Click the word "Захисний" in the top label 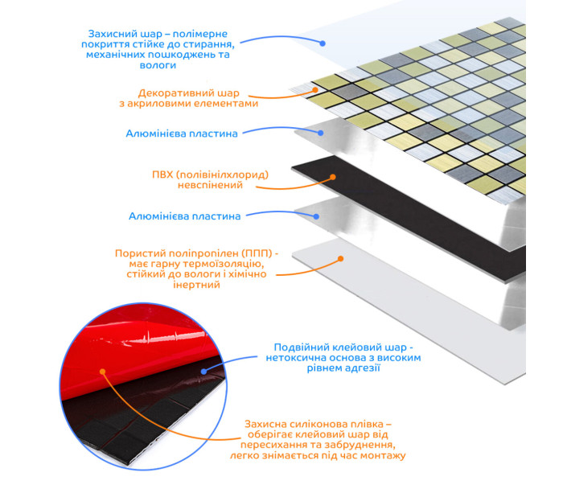113,34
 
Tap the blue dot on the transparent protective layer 323,43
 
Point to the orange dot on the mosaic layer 315,90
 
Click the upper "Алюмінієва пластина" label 182,134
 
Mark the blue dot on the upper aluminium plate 321,133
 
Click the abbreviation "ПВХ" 162,175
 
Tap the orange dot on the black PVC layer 333,177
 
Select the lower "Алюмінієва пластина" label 184,216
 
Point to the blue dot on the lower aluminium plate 316,216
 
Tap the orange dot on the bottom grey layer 341,258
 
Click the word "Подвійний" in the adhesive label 301,347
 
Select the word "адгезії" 362,368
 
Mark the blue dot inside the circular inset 204,372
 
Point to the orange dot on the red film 103,372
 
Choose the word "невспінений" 211,185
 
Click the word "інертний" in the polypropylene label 196,285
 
